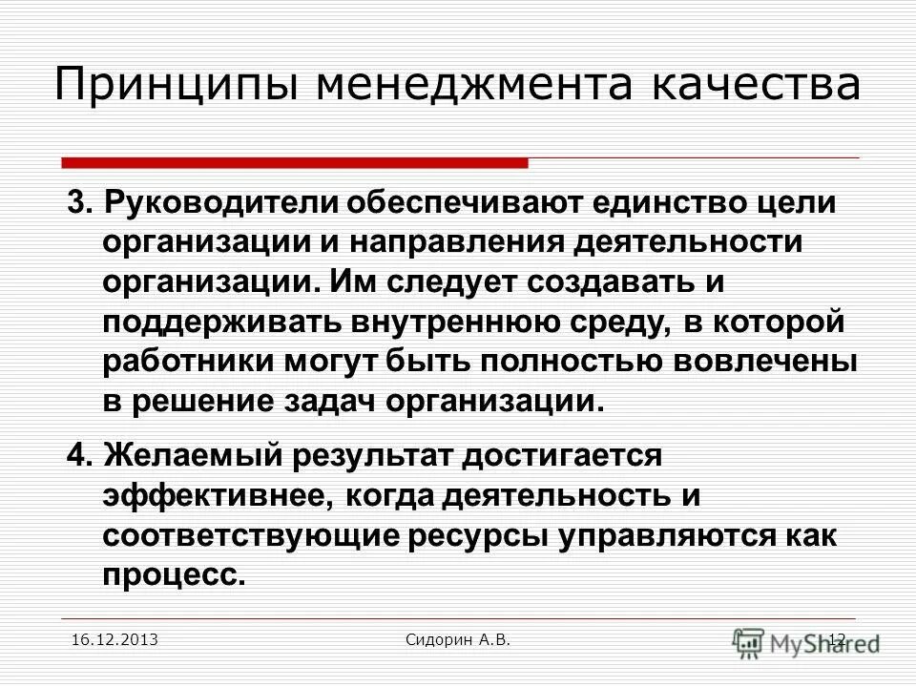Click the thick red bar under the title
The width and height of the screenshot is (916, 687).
click(x=295, y=163)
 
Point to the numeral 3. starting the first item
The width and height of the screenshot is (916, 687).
click(x=79, y=203)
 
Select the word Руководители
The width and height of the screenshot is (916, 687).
click(x=223, y=203)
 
